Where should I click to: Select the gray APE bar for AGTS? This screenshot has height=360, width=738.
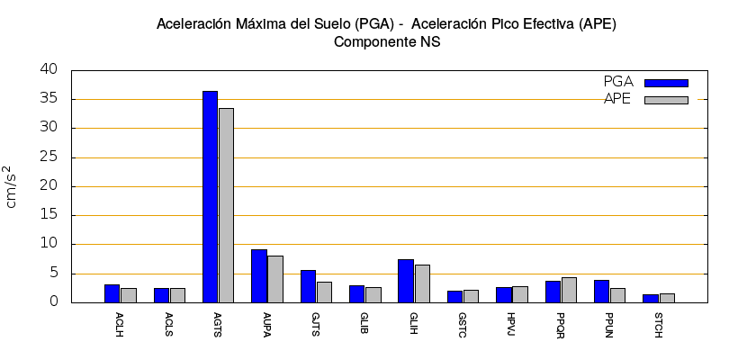pyautogui.click(x=226, y=205)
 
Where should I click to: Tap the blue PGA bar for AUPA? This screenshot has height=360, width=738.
pyautogui.click(x=259, y=275)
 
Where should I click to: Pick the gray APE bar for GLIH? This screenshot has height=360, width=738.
pyautogui.click(x=422, y=283)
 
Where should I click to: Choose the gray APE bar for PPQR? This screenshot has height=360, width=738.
pyautogui.click(x=569, y=290)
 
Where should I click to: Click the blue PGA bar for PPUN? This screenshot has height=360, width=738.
pyautogui.click(x=602, y=291)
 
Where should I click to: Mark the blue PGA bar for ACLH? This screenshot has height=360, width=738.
pyautogui.click(x=112, y=293)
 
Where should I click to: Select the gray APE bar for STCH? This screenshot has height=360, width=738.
pyautogui.click(x=667, y=298)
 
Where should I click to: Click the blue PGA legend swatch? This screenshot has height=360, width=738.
pyautogui.click(x=666, y=83)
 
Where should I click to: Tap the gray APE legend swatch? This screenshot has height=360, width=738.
pyautogui.click(x=666, y=100)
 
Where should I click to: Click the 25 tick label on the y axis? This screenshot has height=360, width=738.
pyautogui.click(x=49, y=157)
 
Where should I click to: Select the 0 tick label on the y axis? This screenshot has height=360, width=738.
pyautogui.click(x=53, y=302)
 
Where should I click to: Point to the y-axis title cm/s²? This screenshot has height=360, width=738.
pyautogui.click(x=12, y=186)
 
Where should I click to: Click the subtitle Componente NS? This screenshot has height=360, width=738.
pyautogui.click(x=386, y=41)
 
